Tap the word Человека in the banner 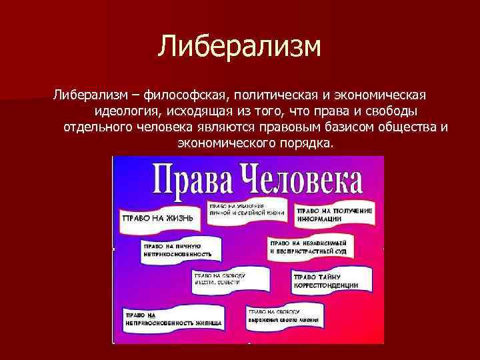pyautogui.click(x=301, y=179)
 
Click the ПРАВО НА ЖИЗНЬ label pyautogui.click(x=157, y=218)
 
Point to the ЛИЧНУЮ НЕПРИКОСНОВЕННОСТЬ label pyautogui.click(x=176, y=250)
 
